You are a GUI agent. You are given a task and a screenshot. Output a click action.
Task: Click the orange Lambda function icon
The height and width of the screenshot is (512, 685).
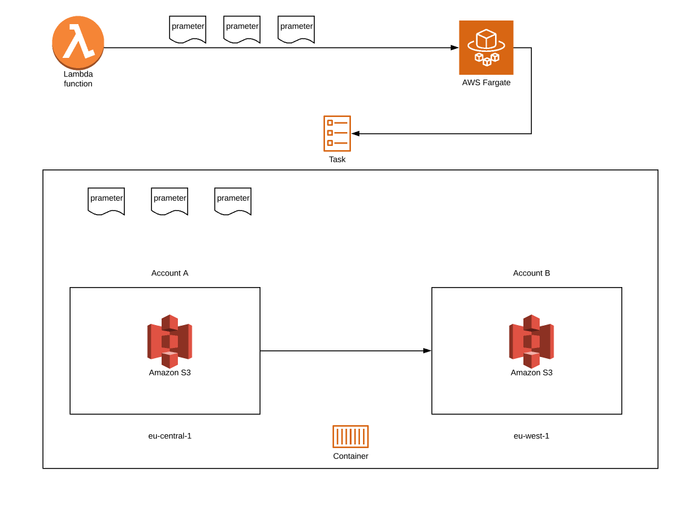tap(78, 42)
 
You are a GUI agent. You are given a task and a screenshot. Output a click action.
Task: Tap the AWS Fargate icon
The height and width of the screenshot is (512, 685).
tap(486, 48)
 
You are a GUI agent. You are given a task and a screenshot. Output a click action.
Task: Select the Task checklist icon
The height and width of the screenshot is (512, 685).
tap(337, 133)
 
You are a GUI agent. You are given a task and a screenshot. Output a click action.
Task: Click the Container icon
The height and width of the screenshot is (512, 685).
tap(350, 437)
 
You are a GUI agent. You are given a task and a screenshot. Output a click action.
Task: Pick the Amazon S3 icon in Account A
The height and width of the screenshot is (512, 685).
tap(169, 341)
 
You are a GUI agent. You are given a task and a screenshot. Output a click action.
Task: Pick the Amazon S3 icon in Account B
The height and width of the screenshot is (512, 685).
tap(531, 341)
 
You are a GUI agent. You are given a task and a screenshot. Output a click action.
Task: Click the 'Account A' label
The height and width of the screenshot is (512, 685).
tap(169, 273)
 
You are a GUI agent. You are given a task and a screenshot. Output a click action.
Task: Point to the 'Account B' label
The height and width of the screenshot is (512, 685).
tap(531, 273)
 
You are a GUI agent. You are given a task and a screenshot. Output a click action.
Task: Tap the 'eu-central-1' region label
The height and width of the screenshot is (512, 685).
tap(169, 436)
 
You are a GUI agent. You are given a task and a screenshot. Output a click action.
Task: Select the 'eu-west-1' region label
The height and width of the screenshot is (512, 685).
tap(531, 436)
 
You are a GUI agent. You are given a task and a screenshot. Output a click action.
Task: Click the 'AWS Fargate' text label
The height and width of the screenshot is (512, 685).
tap(486, 83)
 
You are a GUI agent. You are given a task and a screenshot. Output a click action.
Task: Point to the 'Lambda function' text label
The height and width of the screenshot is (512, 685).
tap(78, 79)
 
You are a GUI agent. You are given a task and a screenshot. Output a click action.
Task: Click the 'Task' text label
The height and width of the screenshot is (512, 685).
tap(337, 160)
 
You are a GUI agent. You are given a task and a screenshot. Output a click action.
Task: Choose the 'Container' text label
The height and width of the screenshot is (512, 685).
tap(350, 457)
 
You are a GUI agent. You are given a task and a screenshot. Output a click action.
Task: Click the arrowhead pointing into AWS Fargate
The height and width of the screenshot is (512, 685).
tap(455, 48)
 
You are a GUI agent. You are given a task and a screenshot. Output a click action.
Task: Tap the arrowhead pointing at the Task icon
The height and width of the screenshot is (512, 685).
tap(356, 133)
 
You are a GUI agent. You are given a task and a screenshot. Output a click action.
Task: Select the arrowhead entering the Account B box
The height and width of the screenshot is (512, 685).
tap(428, 350)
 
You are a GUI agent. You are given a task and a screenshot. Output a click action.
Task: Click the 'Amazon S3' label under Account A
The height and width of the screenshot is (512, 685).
tap(169, 373)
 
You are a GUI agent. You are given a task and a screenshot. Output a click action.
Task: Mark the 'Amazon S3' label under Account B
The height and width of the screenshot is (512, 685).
tap(531, 373)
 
